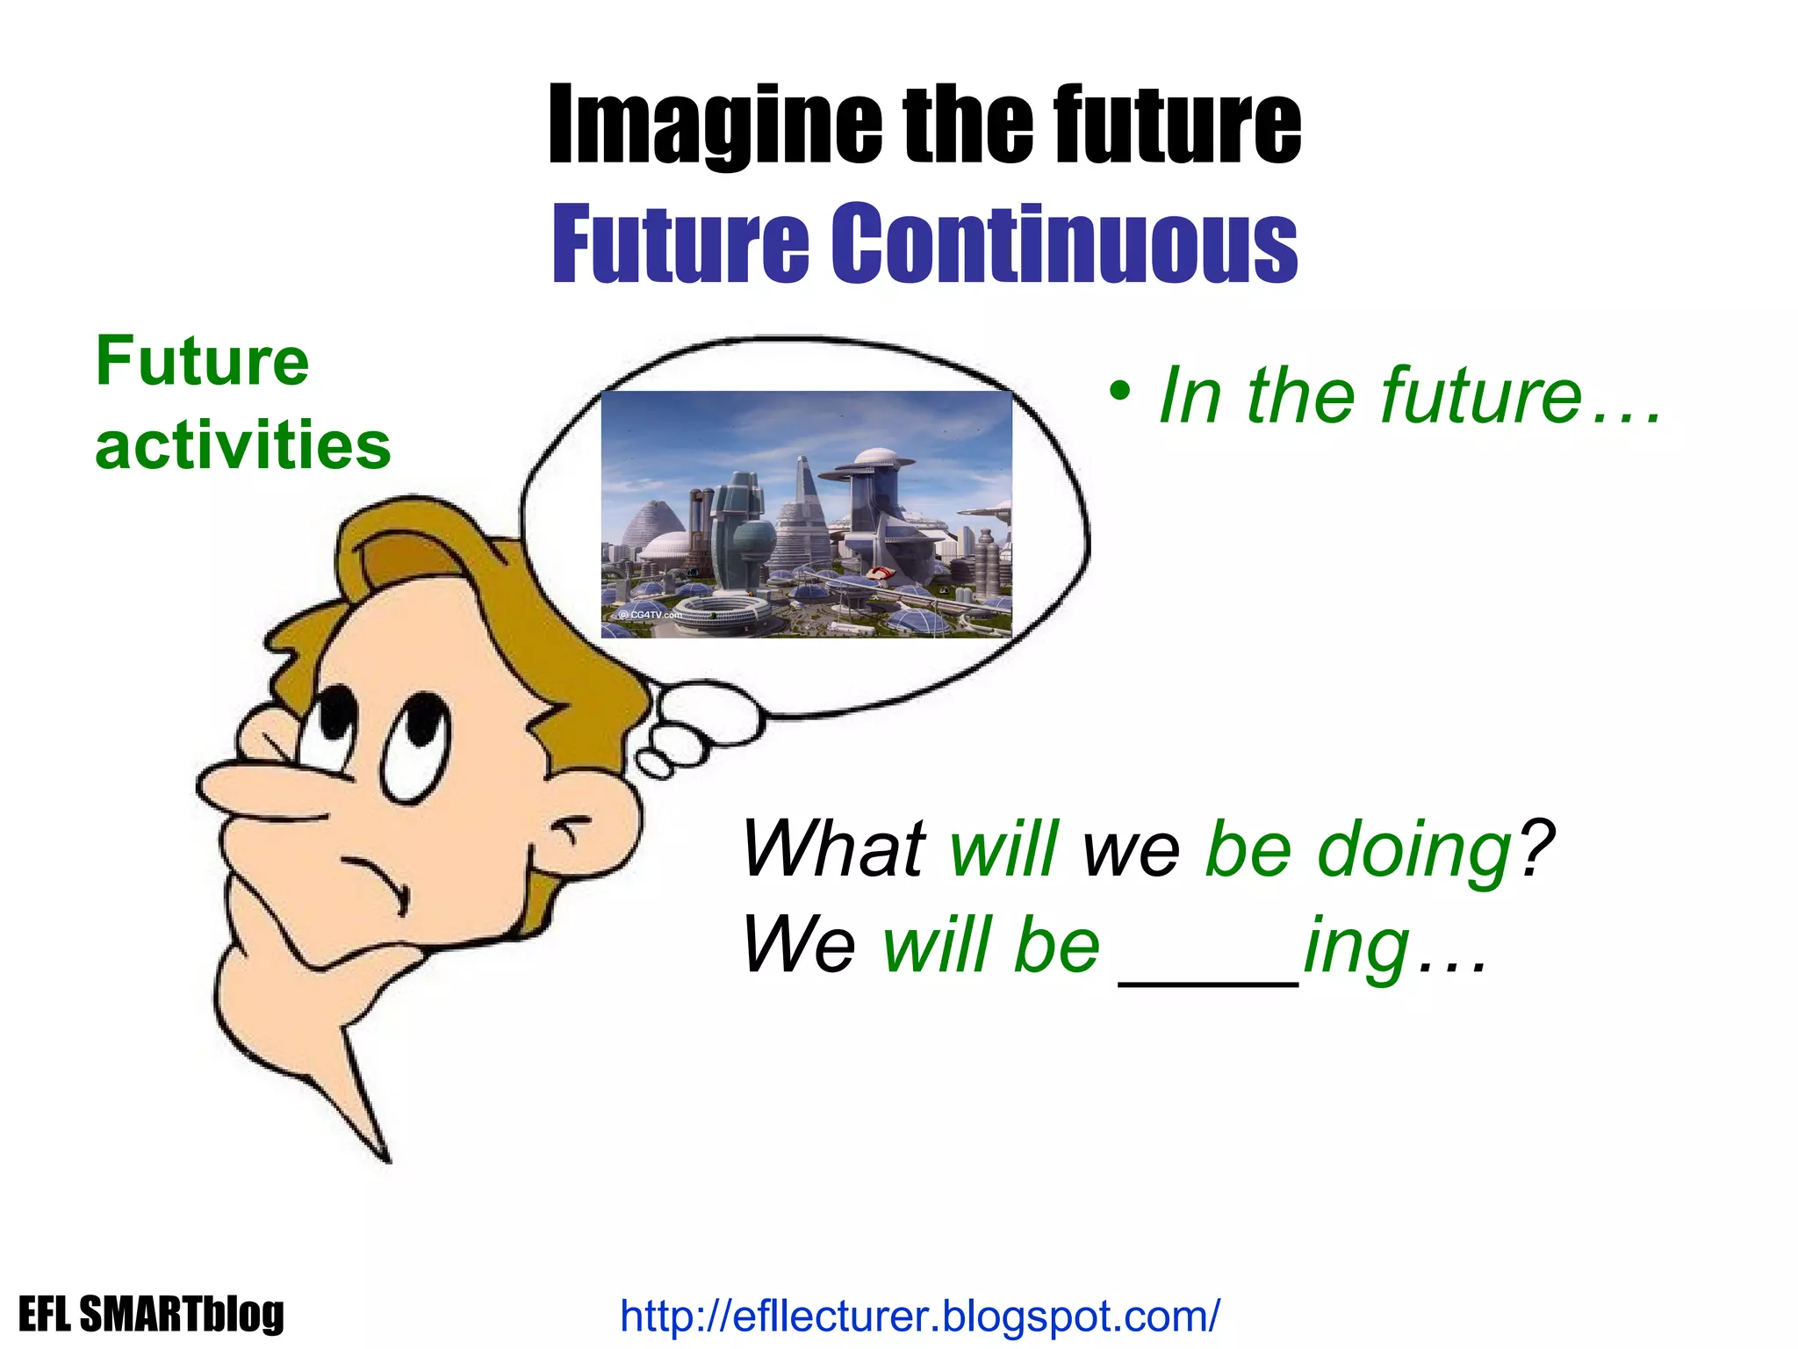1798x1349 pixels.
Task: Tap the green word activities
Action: [x=242, y=444]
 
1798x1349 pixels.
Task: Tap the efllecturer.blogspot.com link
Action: [x=919, y=1316]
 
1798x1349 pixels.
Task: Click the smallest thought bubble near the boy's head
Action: [x=655, y=763]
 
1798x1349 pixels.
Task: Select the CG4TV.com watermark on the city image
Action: [x=650, y=615]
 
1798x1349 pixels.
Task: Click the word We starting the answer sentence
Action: [x=798, y=945]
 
